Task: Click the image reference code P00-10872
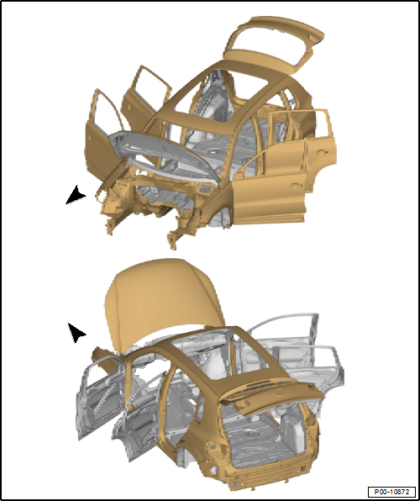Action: (x=391, y=490)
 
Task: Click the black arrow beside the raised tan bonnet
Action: (x=76, y=333)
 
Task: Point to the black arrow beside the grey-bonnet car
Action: (x=76, y=195)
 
